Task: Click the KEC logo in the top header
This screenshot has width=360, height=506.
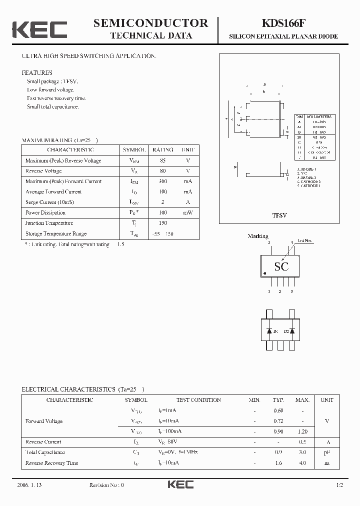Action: (39, 29)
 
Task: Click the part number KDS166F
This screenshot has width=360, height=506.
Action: (283, 23)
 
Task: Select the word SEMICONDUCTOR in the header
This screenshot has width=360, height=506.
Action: (150, 22)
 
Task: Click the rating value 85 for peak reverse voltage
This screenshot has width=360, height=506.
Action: (163, 160)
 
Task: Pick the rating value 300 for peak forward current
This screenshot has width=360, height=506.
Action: (163, 181)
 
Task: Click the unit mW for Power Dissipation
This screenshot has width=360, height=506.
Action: (187, 213)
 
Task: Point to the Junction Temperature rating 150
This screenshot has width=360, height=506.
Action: (163, 223)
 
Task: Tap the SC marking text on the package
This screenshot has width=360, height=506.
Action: (281, 266)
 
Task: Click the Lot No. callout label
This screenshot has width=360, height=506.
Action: (304, 241)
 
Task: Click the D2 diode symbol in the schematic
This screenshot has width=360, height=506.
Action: (292, 331)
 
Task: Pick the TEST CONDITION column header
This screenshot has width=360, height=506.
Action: (198, 400)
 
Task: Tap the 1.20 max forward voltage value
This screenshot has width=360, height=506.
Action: (302, 431)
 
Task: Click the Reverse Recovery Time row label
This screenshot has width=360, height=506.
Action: (51, 463)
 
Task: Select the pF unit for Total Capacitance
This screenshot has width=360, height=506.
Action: (327, 452)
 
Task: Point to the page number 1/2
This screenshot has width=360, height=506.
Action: (339, 485)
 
